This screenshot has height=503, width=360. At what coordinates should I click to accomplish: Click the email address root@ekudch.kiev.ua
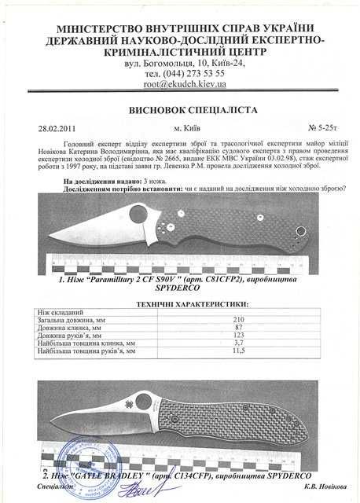point(179,83)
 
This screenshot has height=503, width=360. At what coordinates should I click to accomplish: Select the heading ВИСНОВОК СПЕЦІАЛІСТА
point(179,110)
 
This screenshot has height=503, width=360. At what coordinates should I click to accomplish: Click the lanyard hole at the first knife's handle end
point(300,230)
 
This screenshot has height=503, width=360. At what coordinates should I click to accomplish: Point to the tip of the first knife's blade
point(50,240)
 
